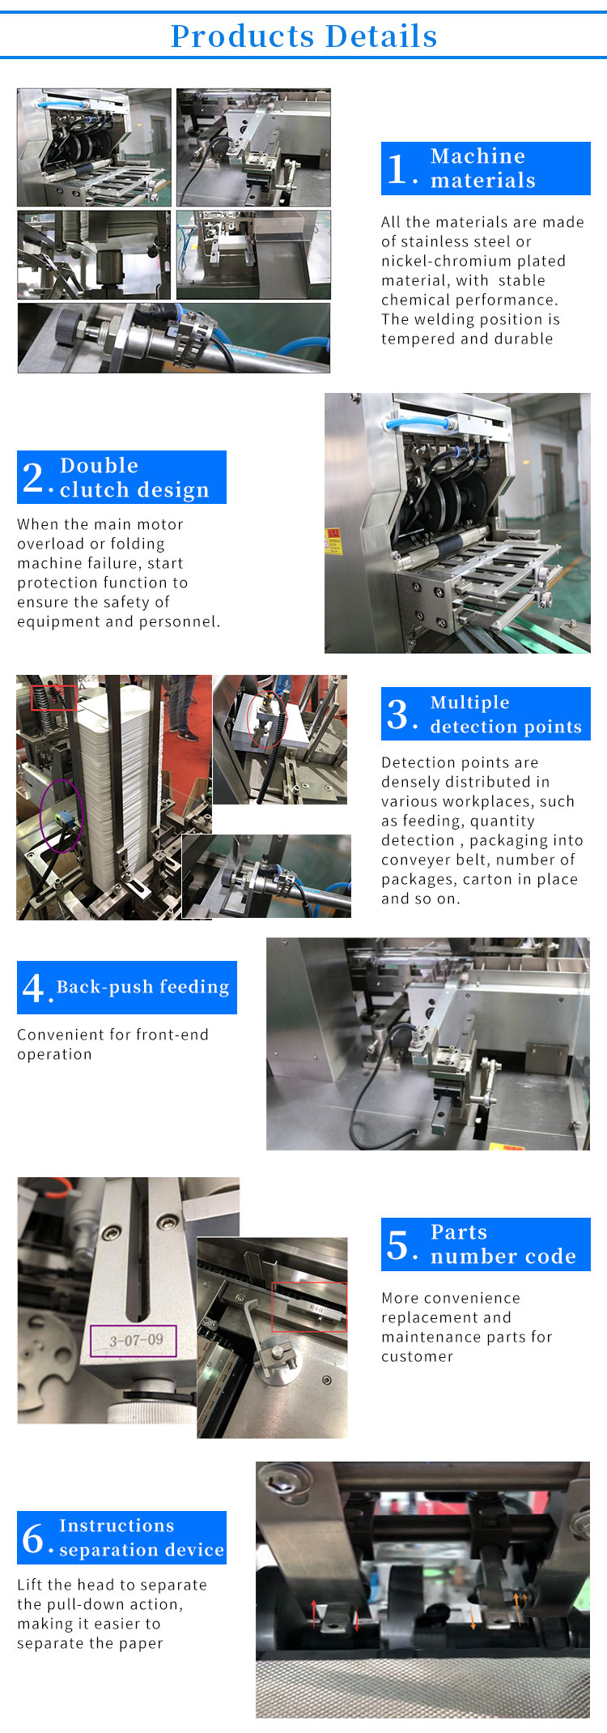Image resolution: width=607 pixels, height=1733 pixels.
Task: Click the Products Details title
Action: click(x=303, y=36)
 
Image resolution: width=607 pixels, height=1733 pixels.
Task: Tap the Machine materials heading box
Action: click(x=486, y=169)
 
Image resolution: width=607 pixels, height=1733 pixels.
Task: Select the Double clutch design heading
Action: click(x=121, y=477)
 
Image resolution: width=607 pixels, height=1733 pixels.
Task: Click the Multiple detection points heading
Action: click(x=486, y=714)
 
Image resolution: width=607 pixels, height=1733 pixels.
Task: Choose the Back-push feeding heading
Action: click(x=127, y=988)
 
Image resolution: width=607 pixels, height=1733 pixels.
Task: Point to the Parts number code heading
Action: click(x=486, y=1244)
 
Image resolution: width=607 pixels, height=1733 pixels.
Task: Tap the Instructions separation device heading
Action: click(x=121, y=1538)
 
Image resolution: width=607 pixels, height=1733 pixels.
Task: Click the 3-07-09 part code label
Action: click(x=136, y=1340)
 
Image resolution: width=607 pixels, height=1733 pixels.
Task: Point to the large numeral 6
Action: click(x=33, y=1538)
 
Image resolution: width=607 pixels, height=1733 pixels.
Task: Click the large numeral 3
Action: click(x=397, y=714)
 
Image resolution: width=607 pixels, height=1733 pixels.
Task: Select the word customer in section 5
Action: click(x=418, y=1356)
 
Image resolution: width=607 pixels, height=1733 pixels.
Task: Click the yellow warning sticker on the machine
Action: click(x=333, y=541)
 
